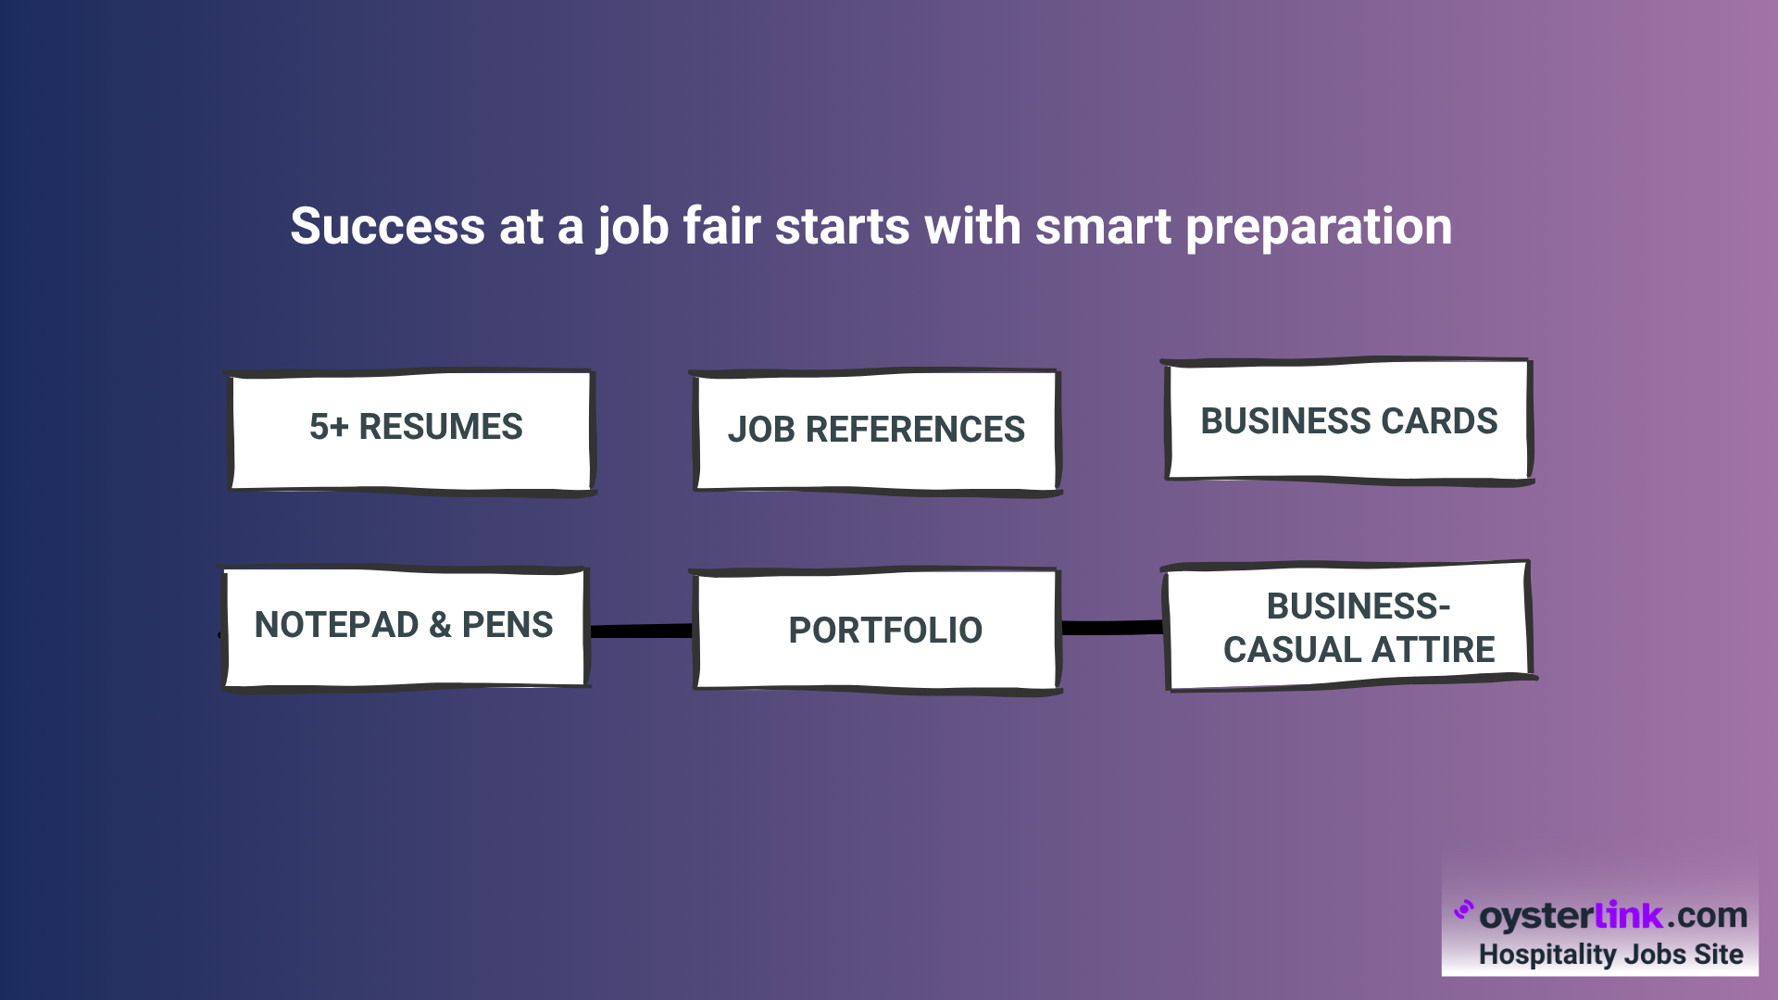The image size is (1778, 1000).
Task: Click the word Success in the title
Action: pos(387,226)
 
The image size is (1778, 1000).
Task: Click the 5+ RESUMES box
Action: pos(411,431)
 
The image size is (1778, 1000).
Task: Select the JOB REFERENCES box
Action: pos(876,432)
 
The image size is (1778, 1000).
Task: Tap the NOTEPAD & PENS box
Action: pos(405,629)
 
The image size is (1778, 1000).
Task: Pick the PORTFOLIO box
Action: pos(876,631)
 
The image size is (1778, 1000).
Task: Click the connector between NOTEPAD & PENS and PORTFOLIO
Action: pos(641,631)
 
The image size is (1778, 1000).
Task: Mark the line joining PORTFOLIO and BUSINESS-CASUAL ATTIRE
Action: pos(1112,628)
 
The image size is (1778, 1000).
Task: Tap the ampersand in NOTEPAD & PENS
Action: pos(440,625)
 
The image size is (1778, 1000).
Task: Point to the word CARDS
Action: pos(1439,421)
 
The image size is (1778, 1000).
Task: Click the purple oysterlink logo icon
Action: pos(1463,910)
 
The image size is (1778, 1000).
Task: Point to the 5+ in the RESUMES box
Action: pos(329,427)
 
